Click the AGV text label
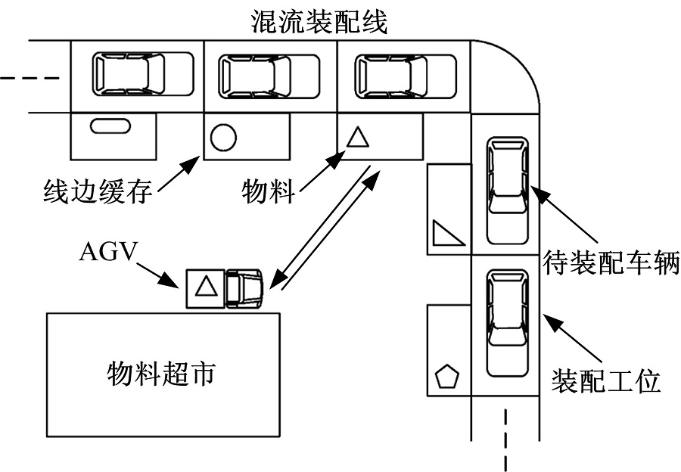tap(107, 250)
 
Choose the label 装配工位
tap(606, 380)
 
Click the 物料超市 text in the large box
tap(162, 373)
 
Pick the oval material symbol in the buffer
tap(105, 126)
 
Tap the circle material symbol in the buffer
tap(223, 138)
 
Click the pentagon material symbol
tap(447, 376)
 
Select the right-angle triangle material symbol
tap(447, 234)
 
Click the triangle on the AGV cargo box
tap(204, 287)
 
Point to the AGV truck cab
tap(244, 288)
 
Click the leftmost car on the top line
tap(129, 74)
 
